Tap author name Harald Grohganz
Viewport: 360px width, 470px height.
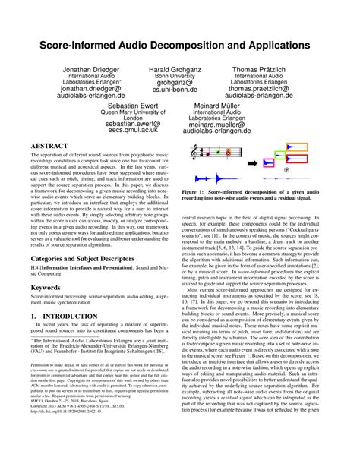click(175, 69)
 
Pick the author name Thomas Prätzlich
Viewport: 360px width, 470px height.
click(270, 69)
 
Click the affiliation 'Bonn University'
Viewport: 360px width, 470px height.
click(175, 77)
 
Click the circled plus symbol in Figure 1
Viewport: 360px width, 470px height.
click(286, 170)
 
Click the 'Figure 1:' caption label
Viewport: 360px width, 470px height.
click(197, 193)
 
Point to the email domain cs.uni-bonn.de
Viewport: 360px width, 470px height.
click(175, 89)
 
